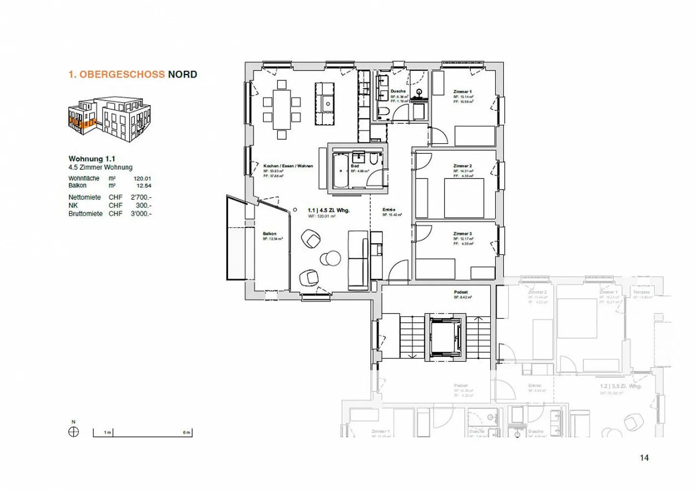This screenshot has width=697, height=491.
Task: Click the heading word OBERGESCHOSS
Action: tap(122, 74)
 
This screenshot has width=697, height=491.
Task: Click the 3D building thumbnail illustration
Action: tap(109, 119)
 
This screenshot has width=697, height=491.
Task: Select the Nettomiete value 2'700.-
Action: tap(141, 197)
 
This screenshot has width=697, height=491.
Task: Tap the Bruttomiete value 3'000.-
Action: tap(141, 213)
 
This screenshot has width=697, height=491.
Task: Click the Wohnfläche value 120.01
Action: tap(142, 179)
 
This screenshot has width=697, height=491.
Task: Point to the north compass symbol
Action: tap(74, 431)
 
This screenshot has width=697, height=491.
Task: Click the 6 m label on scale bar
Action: tap(186, 432)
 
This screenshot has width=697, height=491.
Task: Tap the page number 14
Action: tap(644, 458)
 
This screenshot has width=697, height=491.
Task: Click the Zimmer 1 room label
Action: tap(462, 91)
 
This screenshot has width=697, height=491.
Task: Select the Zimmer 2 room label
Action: tap(462, 166)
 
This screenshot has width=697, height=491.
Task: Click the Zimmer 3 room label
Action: tap(462, 234)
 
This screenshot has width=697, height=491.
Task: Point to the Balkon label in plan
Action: tap(270, 234)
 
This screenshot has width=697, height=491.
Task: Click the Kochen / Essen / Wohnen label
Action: tap(288, 166)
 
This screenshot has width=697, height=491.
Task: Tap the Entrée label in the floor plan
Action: tap(389, 210)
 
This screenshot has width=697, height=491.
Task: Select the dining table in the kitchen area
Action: tap(281, 110)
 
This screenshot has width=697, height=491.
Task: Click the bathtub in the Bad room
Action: tap(340, 171)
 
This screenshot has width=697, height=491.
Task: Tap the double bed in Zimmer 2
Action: tap(464, 198)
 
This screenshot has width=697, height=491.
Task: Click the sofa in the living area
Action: tap(358, 260)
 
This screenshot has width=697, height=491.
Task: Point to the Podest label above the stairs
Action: tap(461, 292)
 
